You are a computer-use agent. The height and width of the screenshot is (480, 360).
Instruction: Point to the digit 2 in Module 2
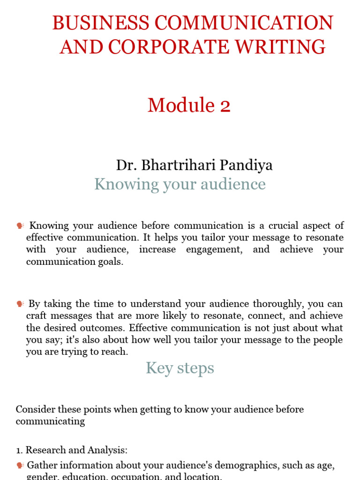coord(225,105)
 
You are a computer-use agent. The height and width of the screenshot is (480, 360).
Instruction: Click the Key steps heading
coord(180,368)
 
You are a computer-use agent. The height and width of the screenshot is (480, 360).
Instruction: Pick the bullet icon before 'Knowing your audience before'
coord(20,226)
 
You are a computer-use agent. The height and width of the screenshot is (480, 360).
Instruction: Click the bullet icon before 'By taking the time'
coord(20,304)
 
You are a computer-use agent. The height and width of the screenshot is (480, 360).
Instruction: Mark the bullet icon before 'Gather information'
coord(20,466)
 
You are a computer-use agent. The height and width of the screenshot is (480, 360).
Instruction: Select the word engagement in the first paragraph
coord(214,249)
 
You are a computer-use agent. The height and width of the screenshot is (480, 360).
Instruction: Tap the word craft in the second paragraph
coord(36,316)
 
